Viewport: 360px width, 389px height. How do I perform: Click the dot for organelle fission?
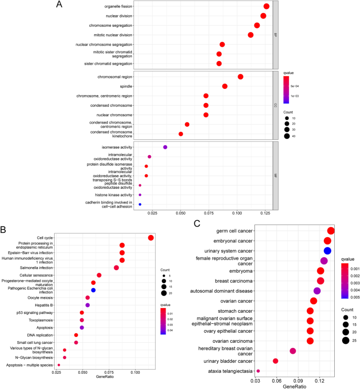click(x=266, y=6)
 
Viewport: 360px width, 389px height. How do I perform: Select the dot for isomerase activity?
click(x=165, y=147)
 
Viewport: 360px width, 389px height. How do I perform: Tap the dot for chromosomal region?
click(x=241, y=77)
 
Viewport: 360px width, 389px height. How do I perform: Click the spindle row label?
click(x=126, y=86)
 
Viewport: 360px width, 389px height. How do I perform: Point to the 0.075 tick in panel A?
click(x=209, y=214)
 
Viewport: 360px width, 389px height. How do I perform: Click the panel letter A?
click(x=59, y=5)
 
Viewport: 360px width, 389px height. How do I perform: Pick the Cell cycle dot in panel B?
click(x=151, y=238)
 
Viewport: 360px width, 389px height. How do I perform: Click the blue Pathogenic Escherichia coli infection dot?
click(x=93, y=290)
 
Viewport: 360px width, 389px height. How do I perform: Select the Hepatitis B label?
click(x=43, y=305)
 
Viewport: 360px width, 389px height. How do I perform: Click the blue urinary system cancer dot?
click(x=327, y=251)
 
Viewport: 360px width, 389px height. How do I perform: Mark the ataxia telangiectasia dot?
click(x=258, y=371)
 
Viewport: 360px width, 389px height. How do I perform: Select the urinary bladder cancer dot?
click(x=275, y=361)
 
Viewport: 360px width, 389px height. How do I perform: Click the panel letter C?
click(x=197, y=222)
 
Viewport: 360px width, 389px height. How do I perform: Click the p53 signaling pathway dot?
click(x=82, y=313)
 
